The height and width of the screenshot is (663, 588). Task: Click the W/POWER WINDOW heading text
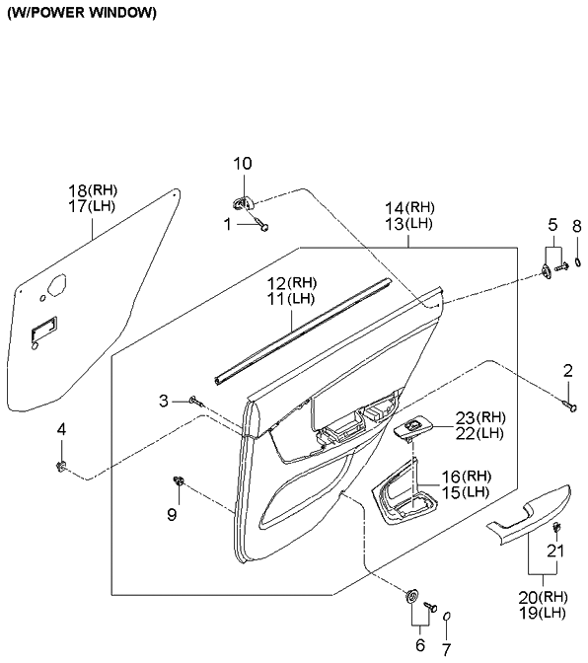click(x=82, y=13)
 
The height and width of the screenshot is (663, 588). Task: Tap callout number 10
click(x=243, y=163)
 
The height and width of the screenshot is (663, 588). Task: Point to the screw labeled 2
click(x=569, y=406)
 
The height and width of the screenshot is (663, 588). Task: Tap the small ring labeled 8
click(x=578, y=263)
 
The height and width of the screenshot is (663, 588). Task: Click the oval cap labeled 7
click(x=447, y=617)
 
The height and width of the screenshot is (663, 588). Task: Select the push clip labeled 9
click(x=180, y=480)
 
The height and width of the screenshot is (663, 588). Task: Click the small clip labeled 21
click(x=556, y=527)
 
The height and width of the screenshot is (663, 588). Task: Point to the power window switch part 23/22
click(x=412, y=429)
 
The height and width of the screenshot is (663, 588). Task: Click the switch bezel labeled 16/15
click(x=404, y=492)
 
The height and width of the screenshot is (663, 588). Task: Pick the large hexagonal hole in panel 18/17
click(x=57, y=284)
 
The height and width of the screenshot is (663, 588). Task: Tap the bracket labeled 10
click(x=244, y=203)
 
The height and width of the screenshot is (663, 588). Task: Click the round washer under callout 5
click(x=547, y=271)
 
